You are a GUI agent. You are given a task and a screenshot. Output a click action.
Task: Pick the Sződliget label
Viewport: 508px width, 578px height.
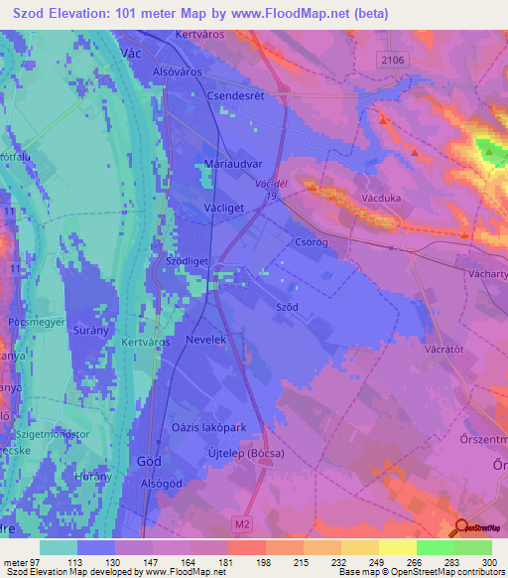pyautogui.click(x=189, y=262)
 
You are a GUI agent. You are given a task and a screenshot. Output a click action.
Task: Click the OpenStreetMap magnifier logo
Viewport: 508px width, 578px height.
pyautogui.click(x=460, y=528)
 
